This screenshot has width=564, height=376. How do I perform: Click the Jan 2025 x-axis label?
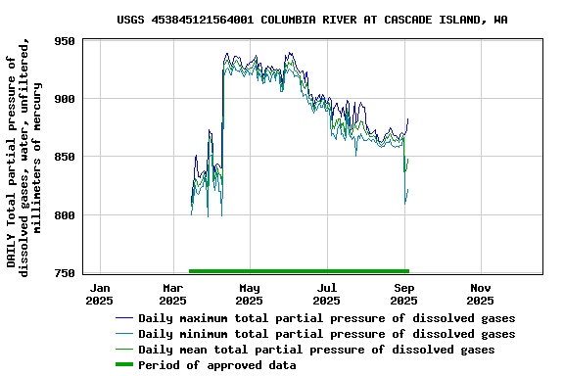click(x=100, y=294)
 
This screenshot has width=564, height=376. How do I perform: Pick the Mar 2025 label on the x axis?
click(x=173, y=294)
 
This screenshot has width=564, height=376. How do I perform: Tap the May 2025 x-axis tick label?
click(x=250, y=294)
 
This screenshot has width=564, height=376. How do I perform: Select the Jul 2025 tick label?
click(x=327, y=294)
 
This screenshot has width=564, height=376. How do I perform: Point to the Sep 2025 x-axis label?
click(x=403, y=294)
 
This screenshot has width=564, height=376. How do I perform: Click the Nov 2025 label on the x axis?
click(x=480, y=294)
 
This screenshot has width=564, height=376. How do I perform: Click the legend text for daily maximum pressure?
click(x=326, y=318)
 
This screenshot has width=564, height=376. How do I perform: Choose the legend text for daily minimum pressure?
click(x=326, y=334)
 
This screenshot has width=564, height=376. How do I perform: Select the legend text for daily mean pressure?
click(x=316, y=350)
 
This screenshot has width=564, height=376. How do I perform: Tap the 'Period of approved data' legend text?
click(x=216, y=365)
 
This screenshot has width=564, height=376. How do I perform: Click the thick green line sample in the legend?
click(x=123, y=365)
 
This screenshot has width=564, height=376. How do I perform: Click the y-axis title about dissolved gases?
click(x=23, y=157)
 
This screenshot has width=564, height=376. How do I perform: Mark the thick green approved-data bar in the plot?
click(x=298, y=270)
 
